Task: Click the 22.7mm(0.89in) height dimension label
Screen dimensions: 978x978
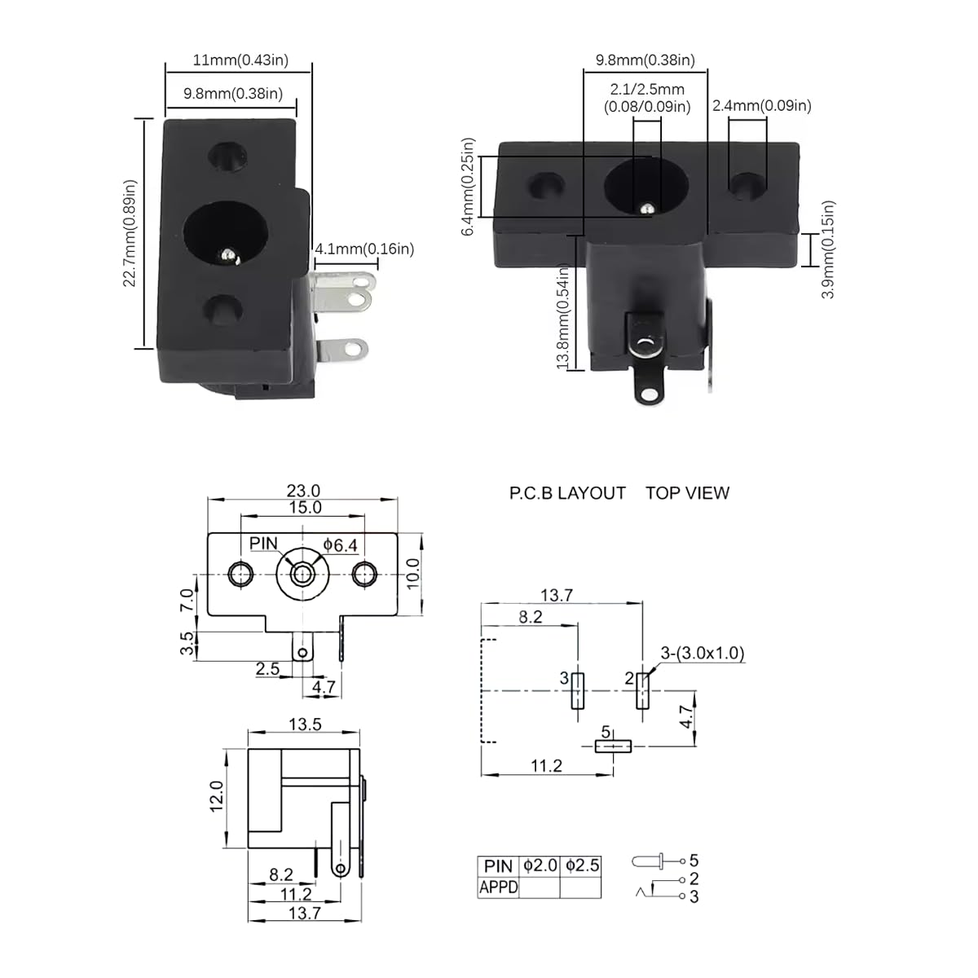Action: [130, 233]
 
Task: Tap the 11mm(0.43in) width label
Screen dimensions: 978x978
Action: [240, 60]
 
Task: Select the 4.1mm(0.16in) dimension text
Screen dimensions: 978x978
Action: [364, 249]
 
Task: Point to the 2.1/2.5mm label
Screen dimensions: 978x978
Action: [647, 90]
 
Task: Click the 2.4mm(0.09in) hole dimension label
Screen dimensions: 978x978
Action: [762, 105]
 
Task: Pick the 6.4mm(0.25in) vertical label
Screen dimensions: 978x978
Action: [468, 187]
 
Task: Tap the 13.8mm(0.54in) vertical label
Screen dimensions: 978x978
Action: [562, 316]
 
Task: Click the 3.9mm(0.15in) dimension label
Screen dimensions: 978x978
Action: [828, 249]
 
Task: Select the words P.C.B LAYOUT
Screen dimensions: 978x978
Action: [567, 493]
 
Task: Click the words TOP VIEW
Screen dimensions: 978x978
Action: [687, 493]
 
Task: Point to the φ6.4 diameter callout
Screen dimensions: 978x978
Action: [340, 544]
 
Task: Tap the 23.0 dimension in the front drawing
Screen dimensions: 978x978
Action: [303, 491]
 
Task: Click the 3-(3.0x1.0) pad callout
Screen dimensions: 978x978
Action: [703, 653]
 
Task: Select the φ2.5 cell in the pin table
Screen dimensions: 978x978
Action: [582, 866]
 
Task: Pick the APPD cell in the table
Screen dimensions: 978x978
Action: [498, 887]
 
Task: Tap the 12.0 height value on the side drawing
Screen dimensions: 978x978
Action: [217, 795]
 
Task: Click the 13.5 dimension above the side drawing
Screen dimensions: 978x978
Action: [305, 725]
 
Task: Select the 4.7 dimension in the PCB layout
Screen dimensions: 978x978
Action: [687, 717]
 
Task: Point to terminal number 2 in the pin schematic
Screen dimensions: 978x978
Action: [694, 879]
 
